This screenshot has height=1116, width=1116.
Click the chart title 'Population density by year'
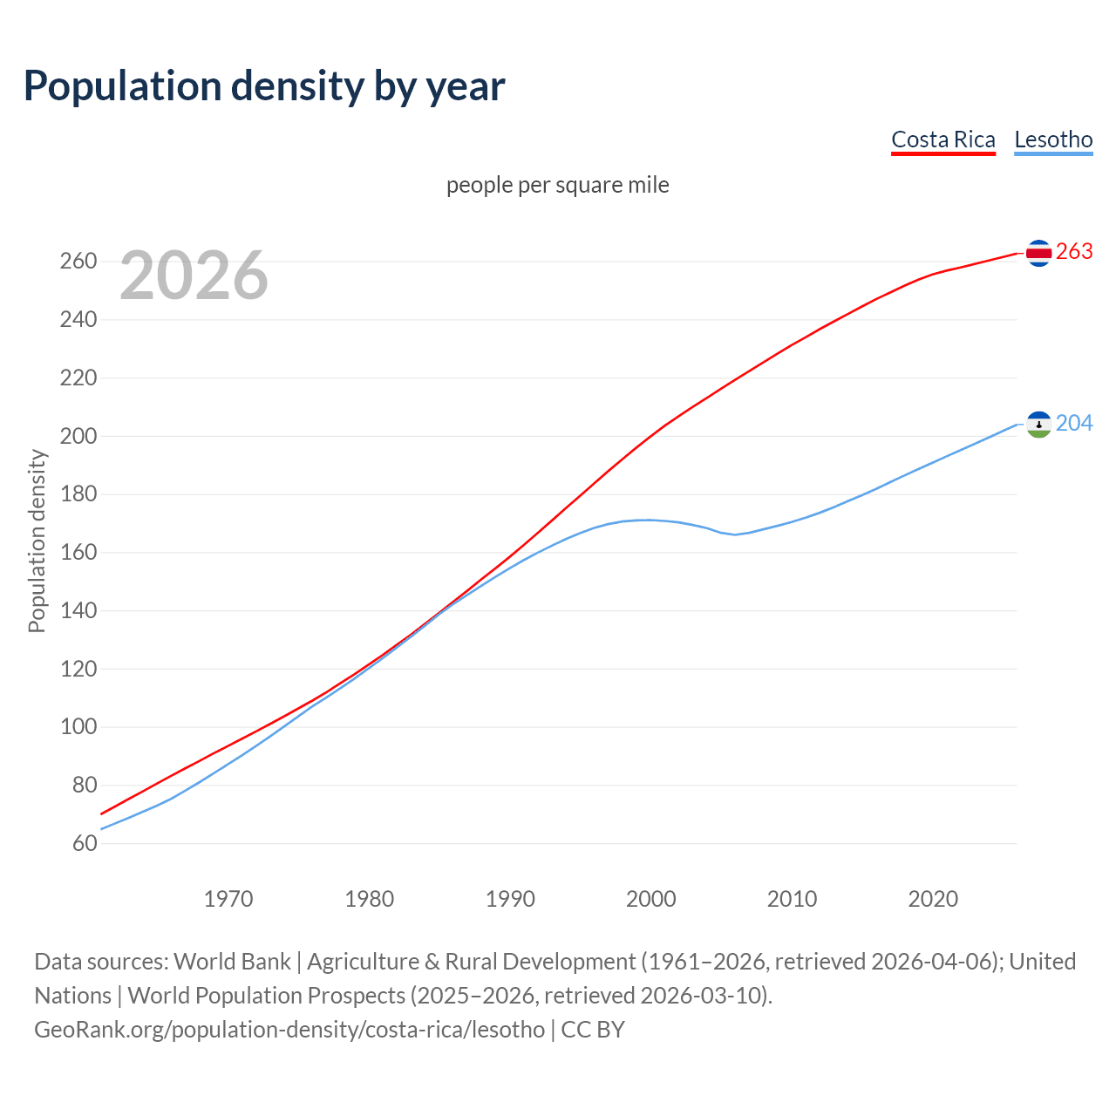pos(264,85)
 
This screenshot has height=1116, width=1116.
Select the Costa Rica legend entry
pos(942,139)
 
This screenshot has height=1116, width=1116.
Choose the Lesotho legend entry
pos(1053,139)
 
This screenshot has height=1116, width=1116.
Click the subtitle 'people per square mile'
pos(557,185)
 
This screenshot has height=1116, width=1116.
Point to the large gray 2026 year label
pos(194,276)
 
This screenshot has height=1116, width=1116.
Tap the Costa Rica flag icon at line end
pos(1038,253)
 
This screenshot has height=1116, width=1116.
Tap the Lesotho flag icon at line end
pos(1038,424)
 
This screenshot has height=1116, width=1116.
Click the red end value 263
pos(1074,252)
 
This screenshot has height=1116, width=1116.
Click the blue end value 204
pos(1074,423)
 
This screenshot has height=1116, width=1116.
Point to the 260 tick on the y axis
pos(78,262)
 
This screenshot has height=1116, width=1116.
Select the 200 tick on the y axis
pos(78,436)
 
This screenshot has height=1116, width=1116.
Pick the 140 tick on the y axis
pos(78,610)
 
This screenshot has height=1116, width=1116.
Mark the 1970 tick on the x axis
pos(228,899)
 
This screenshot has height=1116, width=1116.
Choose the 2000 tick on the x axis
pos(650,899)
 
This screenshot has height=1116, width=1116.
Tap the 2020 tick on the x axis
pos(933,899)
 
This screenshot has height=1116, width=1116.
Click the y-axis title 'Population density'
pos(37,541)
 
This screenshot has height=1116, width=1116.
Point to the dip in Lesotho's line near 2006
pos(735,534)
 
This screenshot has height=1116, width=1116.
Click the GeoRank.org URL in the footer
pos(289,1030)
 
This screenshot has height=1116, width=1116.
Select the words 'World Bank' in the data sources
pos(232,962)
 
